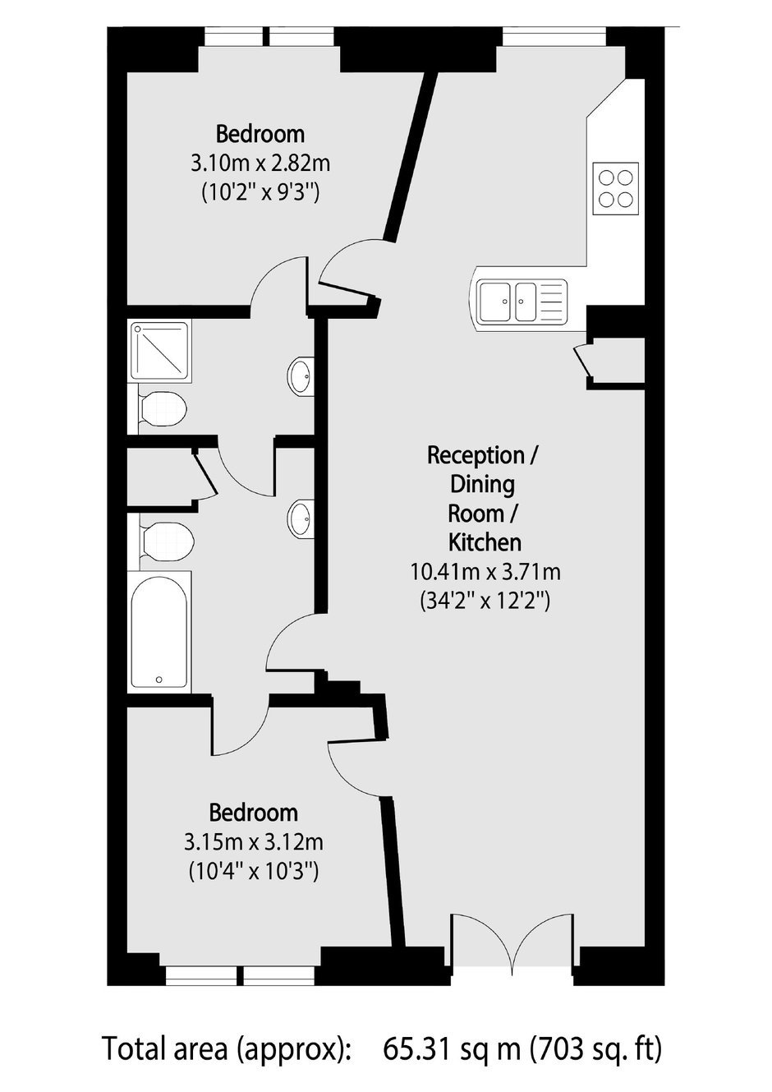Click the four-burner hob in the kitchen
616,188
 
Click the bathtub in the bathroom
159,633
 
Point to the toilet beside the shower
163,408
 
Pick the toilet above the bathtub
168,541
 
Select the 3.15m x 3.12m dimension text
254,842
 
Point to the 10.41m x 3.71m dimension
485,571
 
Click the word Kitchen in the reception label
485,542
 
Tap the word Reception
476,455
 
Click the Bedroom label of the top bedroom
260,134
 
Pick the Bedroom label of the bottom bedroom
254,812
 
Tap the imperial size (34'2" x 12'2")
485,601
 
